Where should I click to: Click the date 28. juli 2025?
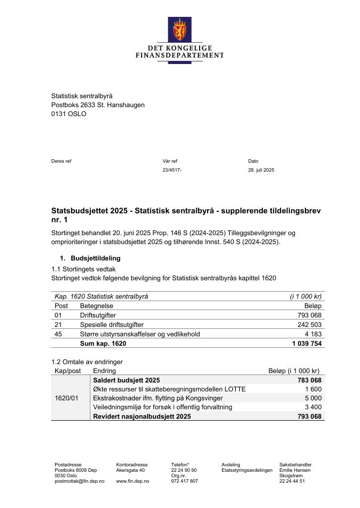(261, 170)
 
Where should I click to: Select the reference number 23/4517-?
(172, 170)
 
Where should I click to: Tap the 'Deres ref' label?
(61, 161)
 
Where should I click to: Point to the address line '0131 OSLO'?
(69, 114)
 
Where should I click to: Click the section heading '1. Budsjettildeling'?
(90, 258)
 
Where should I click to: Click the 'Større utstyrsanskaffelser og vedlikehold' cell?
(140, 334)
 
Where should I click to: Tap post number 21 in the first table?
(58, 324)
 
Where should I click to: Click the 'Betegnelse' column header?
(96, 306)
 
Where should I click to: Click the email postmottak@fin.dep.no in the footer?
(79, 481)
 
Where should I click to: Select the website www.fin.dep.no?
(133, 481)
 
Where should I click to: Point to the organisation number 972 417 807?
(184, 481)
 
